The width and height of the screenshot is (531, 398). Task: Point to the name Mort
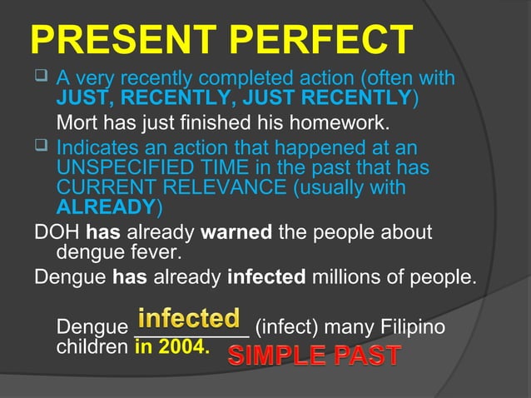tap(76, 125)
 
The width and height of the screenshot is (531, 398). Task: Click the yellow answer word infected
tap(189, 319)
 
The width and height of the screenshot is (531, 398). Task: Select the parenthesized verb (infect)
tap(290, 327)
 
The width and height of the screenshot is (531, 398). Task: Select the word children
tap(92, 346)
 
